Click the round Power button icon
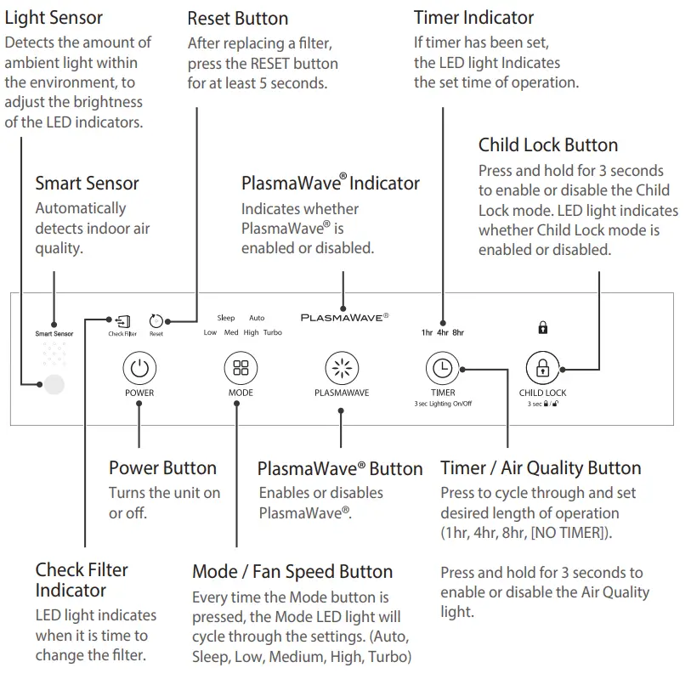pos(139,369)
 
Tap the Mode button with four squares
pos(241,369)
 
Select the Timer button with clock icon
pos(442,369)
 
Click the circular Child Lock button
pos(542,369)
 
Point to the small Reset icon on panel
pos(156,321)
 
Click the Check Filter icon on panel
pos(123,321)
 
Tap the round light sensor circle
pos(54,385)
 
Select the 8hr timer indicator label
pos(458,332)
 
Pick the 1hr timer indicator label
pos(427,332)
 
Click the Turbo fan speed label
pos(272,332)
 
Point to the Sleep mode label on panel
pos(225,318)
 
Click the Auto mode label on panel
pos(256,318)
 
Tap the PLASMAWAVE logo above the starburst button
pos(344,317)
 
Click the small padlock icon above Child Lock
pos(542,327)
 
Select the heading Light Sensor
pos(54,18)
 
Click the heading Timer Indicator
pos(473,18)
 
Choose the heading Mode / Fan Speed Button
pos(292,572)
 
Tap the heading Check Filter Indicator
pos(82,580)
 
